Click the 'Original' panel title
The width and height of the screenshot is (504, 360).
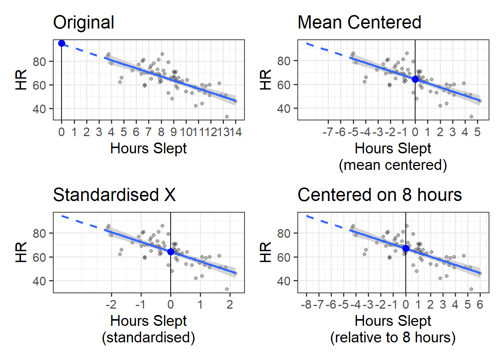point(84,22)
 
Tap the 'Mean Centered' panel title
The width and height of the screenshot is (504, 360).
point(359,22)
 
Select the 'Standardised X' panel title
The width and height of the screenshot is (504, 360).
point(114,195)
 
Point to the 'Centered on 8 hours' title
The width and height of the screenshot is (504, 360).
point(379,195)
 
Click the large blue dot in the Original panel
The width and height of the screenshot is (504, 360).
point(62,43)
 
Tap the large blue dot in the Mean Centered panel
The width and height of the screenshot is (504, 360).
point(415,79)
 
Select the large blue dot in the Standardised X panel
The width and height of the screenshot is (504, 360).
point(171,252)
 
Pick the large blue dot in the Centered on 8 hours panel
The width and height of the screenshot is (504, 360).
point(406,248)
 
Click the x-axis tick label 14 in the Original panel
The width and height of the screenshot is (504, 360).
point(235,132)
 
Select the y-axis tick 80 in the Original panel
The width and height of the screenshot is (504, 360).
point(39,61)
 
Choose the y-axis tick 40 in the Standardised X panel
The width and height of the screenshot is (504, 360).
point(39,281)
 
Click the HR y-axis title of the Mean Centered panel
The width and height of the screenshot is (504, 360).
point(265,79)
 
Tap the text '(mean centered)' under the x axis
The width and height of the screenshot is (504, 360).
point(393,165)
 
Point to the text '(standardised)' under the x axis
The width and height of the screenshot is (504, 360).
point(148,337)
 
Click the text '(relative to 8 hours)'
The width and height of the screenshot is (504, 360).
point(393,337)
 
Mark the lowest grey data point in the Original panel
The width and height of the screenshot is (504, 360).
point(226,117)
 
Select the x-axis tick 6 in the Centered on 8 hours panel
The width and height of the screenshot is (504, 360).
point(480,304)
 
